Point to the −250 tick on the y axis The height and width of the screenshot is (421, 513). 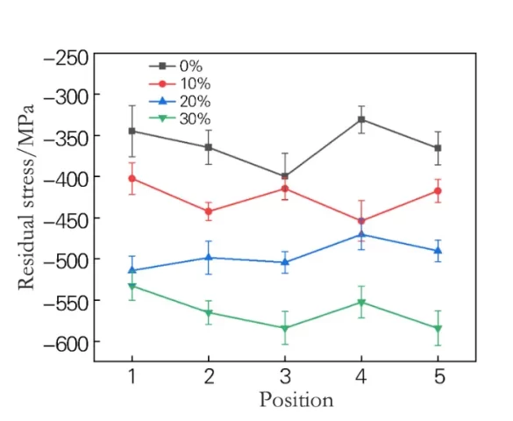(x=66, y=58)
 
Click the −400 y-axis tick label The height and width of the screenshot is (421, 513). (x=66, y=178)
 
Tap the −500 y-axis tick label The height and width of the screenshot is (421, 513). (x=66, y=260)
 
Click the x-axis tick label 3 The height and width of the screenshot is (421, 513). (x=285, y=376)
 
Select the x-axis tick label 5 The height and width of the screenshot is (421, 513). (x=439, y=376)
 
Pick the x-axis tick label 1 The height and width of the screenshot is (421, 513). (x=132, y=376)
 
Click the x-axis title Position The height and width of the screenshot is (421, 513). (x=296, y=400)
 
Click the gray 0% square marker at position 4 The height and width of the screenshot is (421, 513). (x=361, y=119)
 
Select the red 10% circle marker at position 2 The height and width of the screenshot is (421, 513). (x=209, y=211)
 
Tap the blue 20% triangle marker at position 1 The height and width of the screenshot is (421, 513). (x=132, y=270)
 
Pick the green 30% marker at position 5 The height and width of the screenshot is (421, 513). (x=438, y=329)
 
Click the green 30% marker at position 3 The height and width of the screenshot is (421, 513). (x=285, y=329)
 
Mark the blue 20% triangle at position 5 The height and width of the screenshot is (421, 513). (x=438, y=250)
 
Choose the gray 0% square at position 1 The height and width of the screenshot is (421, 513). (x=132, y=131)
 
